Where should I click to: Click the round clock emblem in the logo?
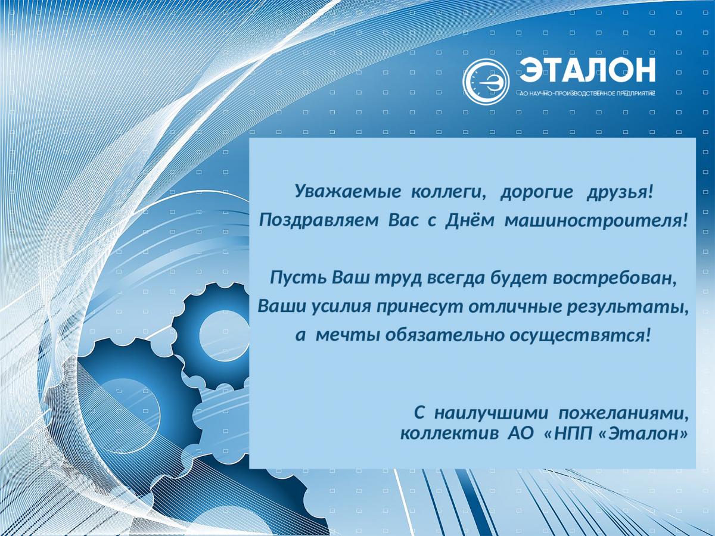(486, 82)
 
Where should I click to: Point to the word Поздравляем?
(319, 222)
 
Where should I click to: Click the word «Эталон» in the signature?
(650, 433)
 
